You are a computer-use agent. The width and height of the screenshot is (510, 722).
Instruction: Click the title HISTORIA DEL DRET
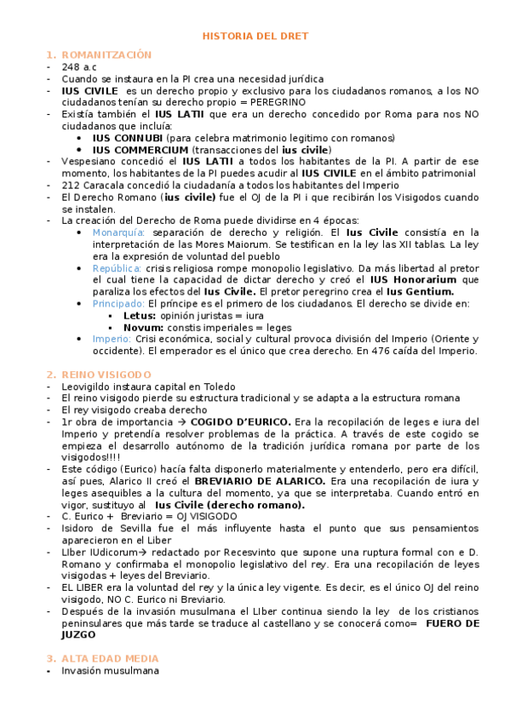click(x=255, y=37)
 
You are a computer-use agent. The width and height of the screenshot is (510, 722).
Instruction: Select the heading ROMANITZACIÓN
click(x=106, y=54)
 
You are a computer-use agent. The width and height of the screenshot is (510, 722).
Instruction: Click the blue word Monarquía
click(x=118, y=232)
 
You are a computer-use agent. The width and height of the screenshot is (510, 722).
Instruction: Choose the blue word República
click(x=117, y=267)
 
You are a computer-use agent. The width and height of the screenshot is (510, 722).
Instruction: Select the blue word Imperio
click(x=112, y=338)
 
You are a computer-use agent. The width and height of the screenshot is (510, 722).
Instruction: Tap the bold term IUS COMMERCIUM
click(x=140, y=150)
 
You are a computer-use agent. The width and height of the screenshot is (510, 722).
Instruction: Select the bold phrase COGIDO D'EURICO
click(x=241, y=421)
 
